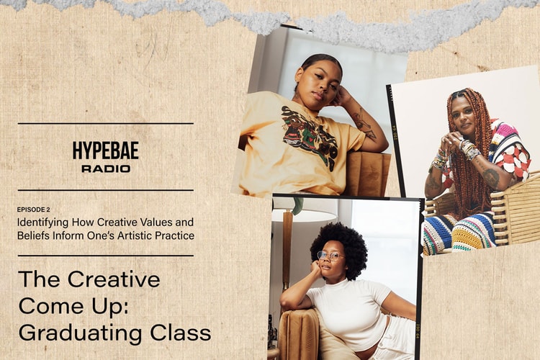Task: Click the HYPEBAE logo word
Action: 105,150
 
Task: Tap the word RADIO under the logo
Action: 105,168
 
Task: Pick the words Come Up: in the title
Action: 70,305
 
